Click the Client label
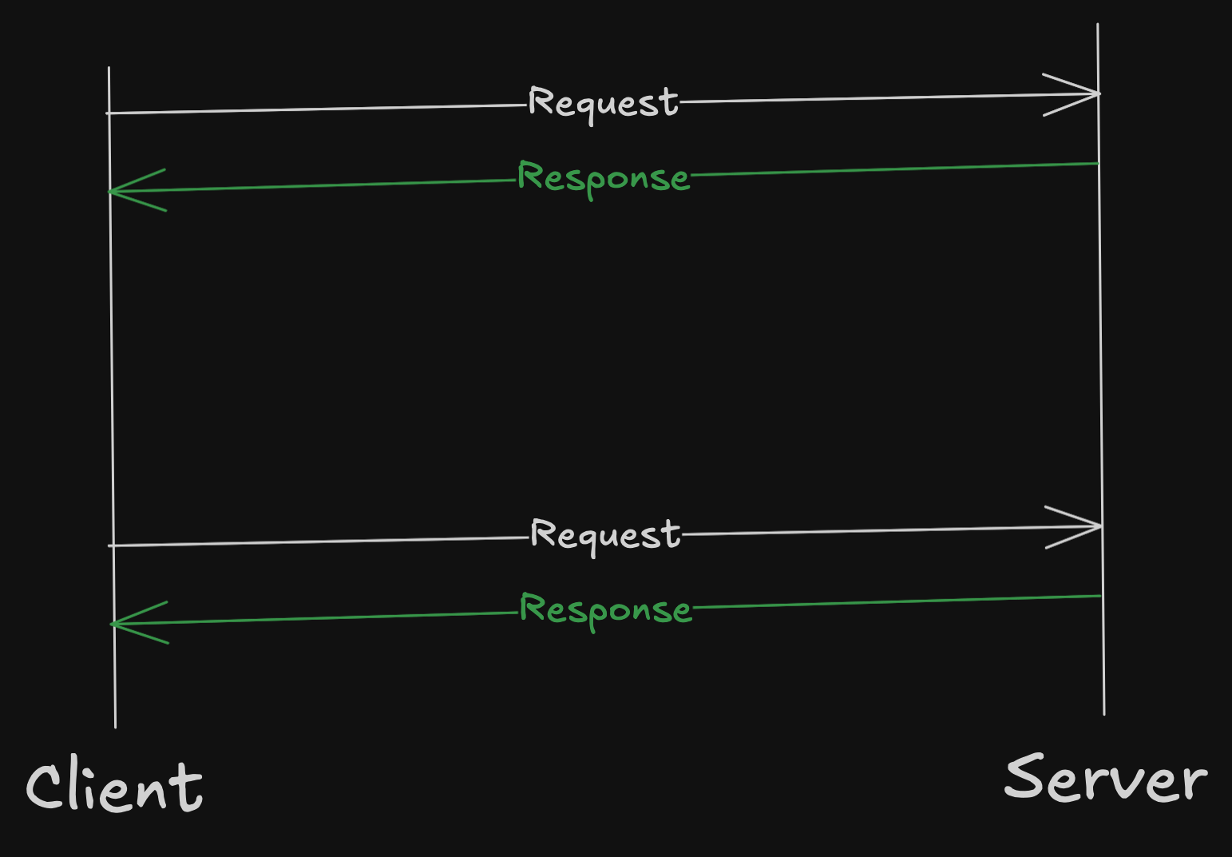tap(114, 788)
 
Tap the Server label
tap(1105, 778)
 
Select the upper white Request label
tap(603, 103)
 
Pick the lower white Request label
tap(605, 535)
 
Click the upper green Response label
tap(603, 177)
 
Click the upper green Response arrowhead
tap(113, 191)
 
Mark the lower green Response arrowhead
tap(115, 624)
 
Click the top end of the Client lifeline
tap(109, 69)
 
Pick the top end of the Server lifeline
tap(1098, 26)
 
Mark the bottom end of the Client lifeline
tap(115, 726)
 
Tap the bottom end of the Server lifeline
tap(1104, 713)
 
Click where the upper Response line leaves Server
tap(1098, 164)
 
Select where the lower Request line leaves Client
tap(111, 546)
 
